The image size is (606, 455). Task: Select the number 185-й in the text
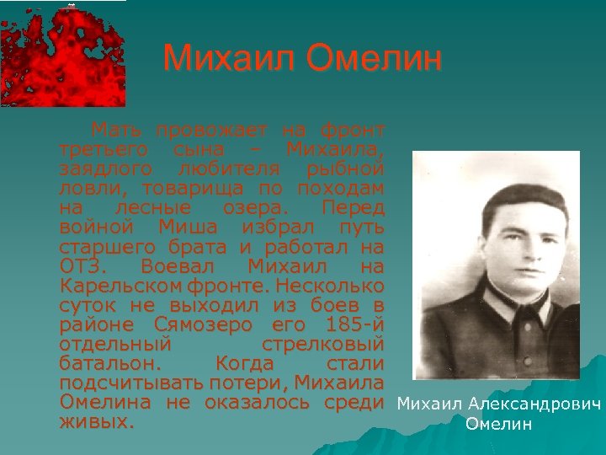[x=349, y=325]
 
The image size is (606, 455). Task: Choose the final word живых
[x=96, y=422]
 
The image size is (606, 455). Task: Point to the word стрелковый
[x=323, y=345]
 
